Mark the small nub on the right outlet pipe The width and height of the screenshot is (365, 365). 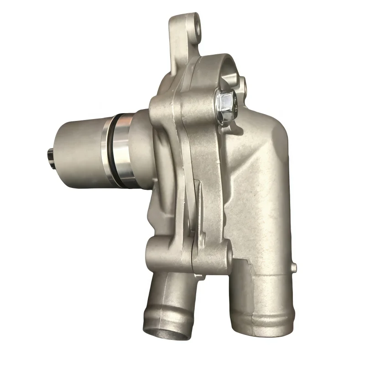(294, 266)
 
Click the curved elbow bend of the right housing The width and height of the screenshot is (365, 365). (269, 151)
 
